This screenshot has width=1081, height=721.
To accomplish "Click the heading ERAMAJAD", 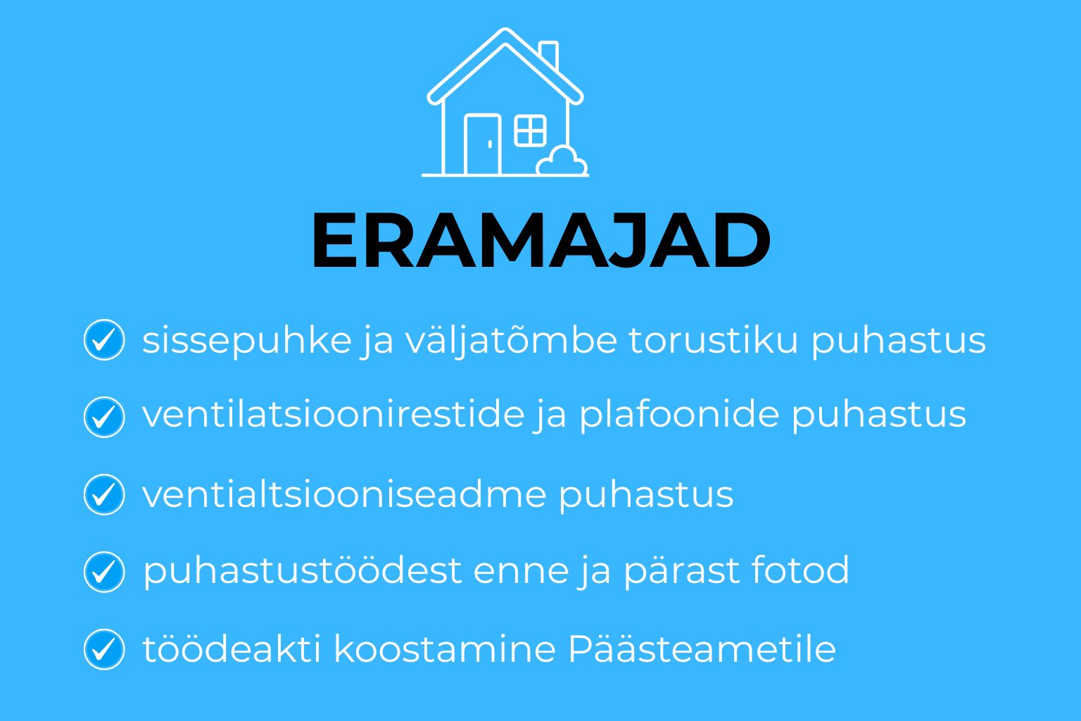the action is click(541, 240).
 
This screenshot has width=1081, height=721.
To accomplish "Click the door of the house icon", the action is click(483, 144).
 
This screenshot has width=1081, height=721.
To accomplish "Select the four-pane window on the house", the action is click(531, 130).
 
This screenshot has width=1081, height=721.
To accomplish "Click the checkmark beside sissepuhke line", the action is click(104, 339).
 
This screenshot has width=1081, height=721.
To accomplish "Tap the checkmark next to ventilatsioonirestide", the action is click(104, 417).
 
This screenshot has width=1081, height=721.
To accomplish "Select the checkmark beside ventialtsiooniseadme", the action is click(104, 494).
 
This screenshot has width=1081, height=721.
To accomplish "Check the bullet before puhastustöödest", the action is click(104, 572).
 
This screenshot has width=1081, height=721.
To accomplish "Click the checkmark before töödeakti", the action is click(104, 649).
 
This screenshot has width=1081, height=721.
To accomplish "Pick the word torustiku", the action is click(713, 341).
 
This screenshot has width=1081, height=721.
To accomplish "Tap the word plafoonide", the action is click(679, 415).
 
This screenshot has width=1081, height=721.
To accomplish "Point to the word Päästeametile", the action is click(702, 648).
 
